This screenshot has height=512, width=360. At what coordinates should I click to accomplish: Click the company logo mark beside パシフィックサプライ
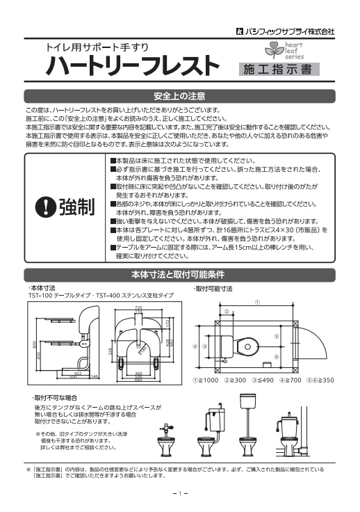(238, 31)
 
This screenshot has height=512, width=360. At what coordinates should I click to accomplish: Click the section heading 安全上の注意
(179, 95)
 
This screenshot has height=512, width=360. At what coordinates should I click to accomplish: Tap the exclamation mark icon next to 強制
(45, 186)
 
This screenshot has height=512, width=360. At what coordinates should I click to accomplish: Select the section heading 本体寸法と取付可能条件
(179, 273)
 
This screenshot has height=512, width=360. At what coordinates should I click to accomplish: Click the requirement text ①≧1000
(206, 381)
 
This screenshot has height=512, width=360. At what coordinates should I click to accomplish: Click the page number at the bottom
(179, 494)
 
